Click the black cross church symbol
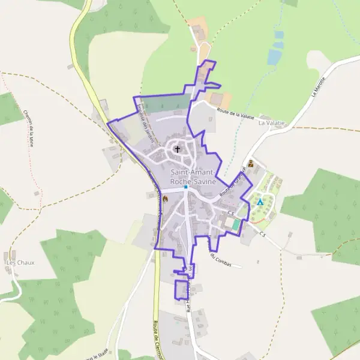click(x=177, y=148)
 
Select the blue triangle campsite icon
click(x=260, y=202)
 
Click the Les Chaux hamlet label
click(x=19, y=263)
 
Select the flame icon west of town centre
click(x=165, y=199)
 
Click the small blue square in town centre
click(x=186, y=187)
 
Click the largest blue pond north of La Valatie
click(x=274, y=56)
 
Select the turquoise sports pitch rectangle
click(x=236, y=224)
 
